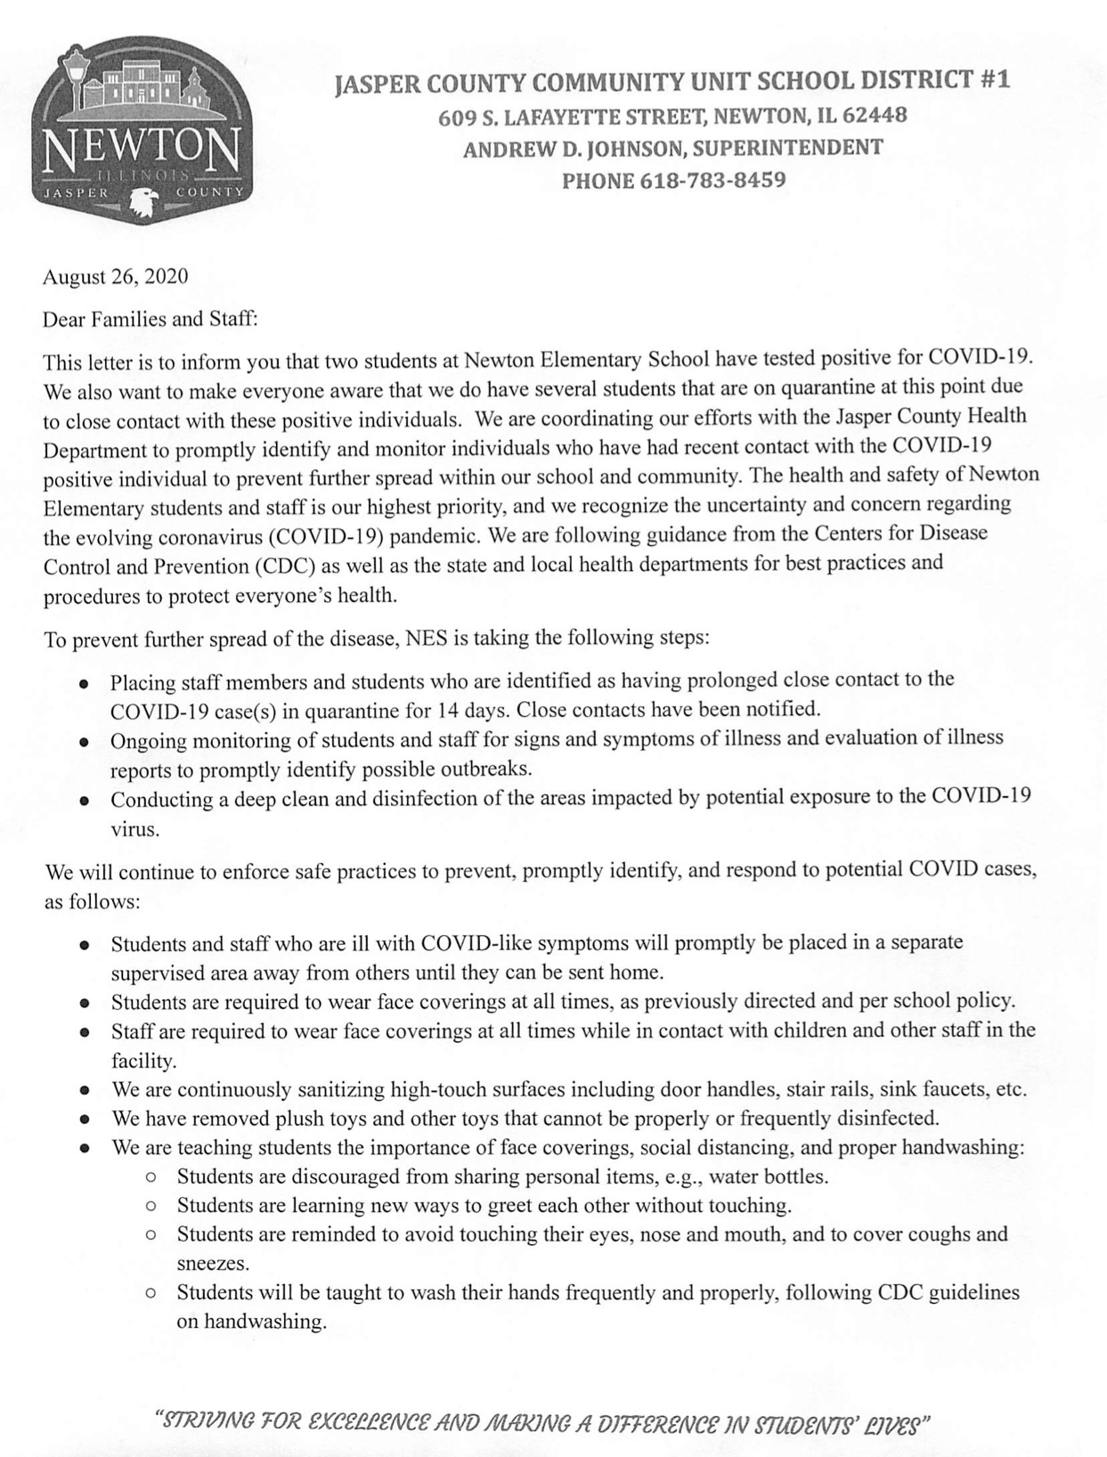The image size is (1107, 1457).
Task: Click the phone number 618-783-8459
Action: point(712,181)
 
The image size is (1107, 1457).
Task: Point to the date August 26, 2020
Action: point(116,276)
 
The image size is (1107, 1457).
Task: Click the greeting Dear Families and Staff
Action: point(150,319)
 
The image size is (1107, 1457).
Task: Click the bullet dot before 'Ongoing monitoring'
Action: point(84,742)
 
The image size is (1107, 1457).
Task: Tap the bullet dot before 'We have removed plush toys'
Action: point(84,1119)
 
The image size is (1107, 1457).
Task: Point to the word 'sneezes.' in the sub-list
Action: point(213,1263)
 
